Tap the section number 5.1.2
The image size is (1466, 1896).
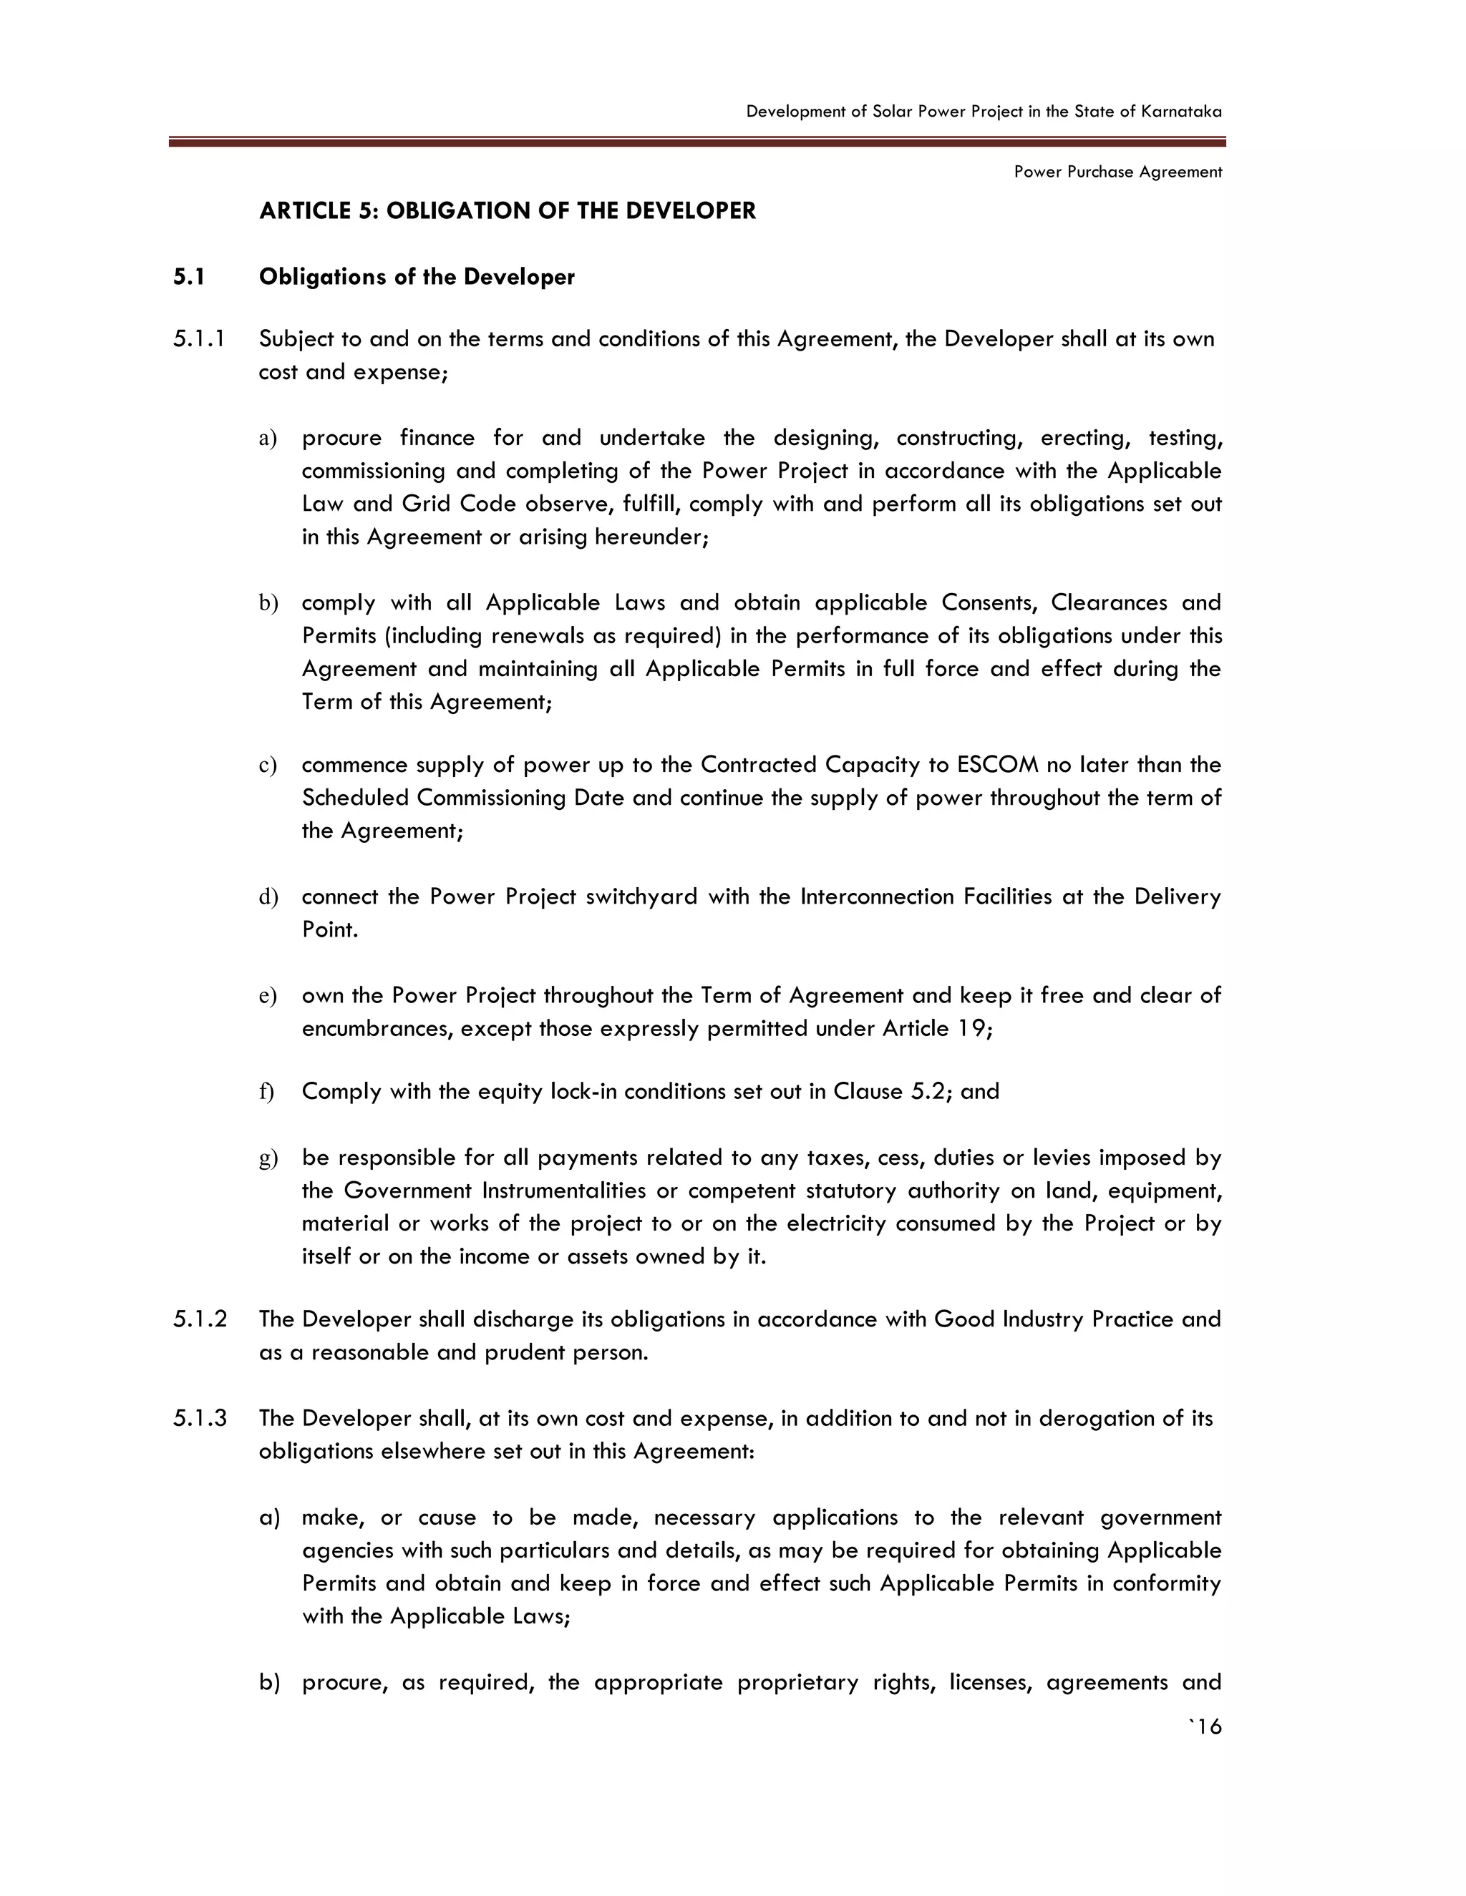pos(200,1319)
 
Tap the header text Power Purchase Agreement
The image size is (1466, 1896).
pos(1117,172)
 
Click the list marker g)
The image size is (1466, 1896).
pos(268,1158)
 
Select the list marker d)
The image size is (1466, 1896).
pos(268,896)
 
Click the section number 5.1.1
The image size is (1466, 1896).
pos(199,338)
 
